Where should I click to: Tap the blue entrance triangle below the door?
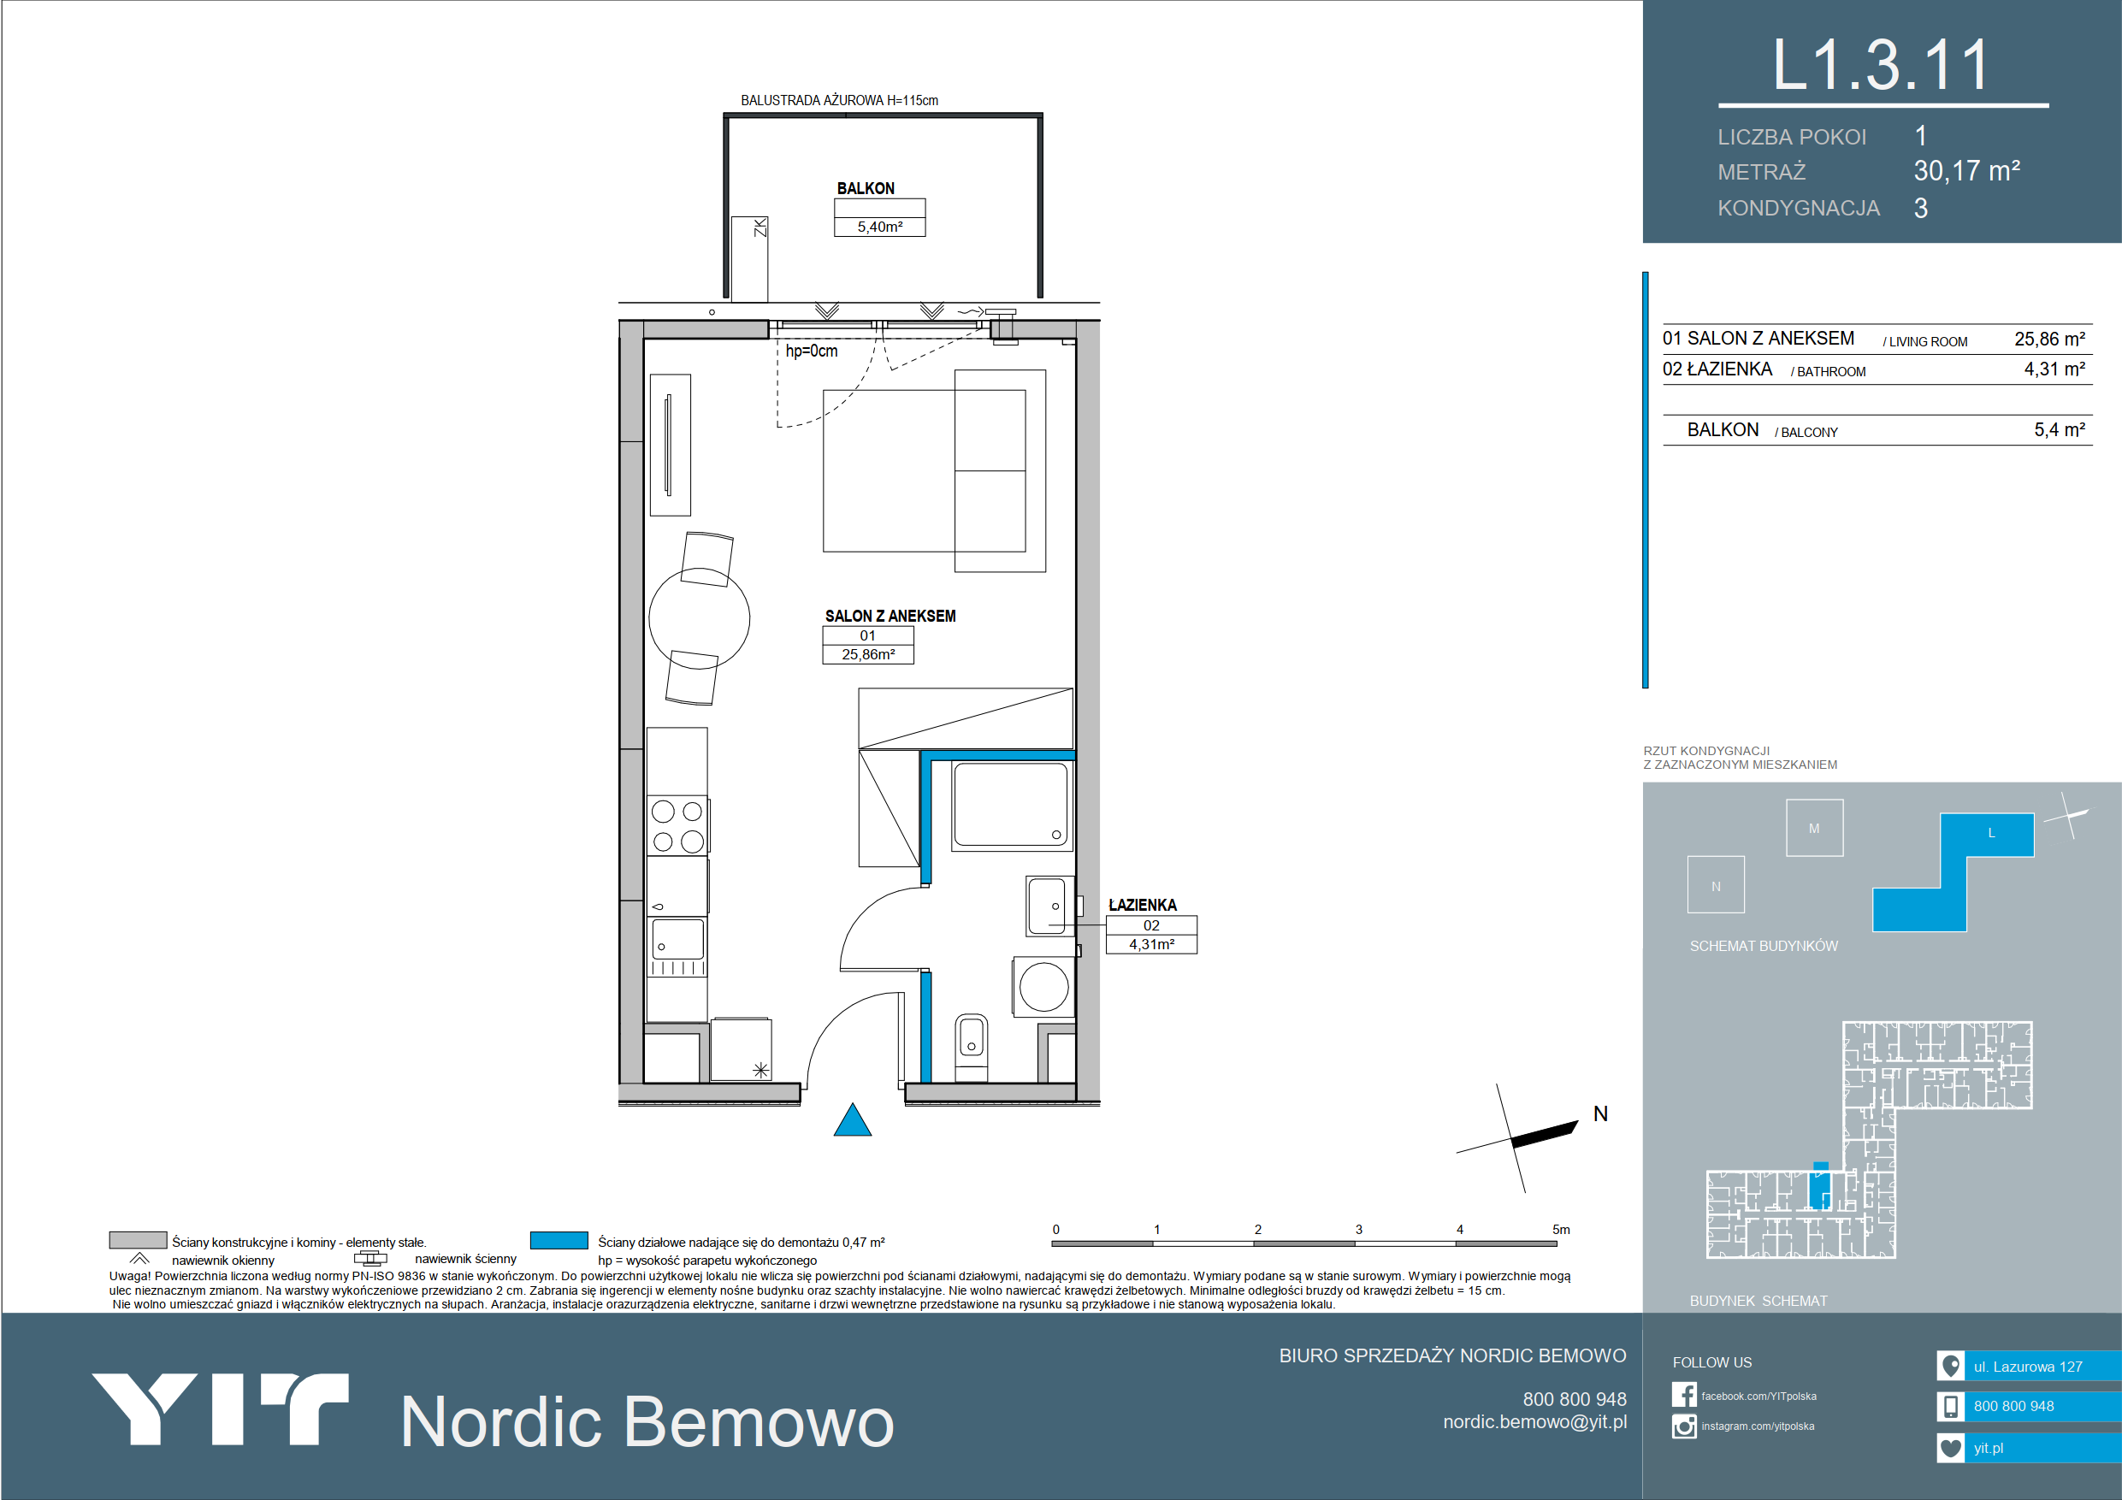pos(852,1120)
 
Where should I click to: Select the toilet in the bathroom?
pos(972,1046)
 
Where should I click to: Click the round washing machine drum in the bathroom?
pos(1043,986)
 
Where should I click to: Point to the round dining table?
pos(699,618)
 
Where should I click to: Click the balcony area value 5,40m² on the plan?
pos(880,227)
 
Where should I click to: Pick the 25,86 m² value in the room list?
pos(2050,340)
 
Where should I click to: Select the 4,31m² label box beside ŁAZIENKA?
pos(1151,944)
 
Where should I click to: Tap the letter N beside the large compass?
pos(1601,1113)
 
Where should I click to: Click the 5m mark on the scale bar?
pos(1561,1229)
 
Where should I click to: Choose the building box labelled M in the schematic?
pos(1814,828)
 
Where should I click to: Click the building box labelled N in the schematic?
pos(1716,885)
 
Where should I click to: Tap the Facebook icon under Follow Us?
pos(1684,1395)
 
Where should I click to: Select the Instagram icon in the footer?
pos(1684,1426)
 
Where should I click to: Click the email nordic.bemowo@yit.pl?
pos(1534,1421)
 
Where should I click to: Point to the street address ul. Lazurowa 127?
pos(2028,1366)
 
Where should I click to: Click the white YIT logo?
pos(220,1408)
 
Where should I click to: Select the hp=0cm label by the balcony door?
pos(812,351)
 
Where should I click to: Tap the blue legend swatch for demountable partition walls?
pos(559,1240)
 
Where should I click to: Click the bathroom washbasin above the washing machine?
pos(1047,906)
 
